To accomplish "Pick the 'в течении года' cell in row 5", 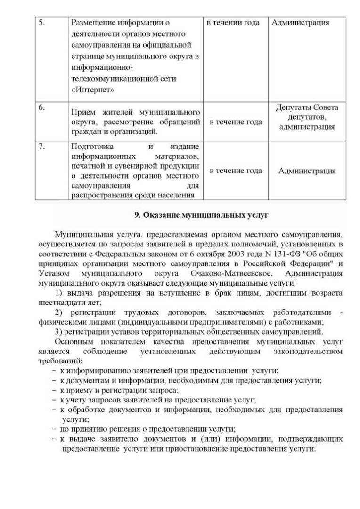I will click(x=233, y=22).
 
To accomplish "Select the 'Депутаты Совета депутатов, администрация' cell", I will click(x=307, y=117).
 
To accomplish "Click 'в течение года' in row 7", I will click(x=236, y=171).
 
